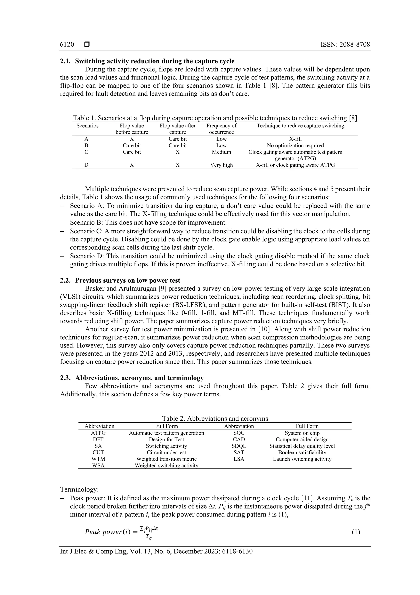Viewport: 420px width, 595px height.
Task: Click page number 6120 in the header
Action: (x=67, y=45)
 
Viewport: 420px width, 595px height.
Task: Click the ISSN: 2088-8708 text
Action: (x=345, y=45)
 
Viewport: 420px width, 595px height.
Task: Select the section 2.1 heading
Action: (x=147, y=61)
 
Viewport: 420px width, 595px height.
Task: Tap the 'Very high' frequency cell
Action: (x=221, y=165)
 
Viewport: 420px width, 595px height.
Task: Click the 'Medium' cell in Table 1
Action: (x=221, y=152)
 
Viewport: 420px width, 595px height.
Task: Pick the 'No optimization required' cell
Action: (x=295, y=146)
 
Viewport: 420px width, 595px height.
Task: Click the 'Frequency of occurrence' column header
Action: (x=221, y=129)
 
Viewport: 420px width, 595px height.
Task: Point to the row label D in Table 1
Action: (x=86, y=165)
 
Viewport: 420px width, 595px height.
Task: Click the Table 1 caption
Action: (x=215, y=118)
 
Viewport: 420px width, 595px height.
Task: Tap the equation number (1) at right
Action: (x=356, y=532)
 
